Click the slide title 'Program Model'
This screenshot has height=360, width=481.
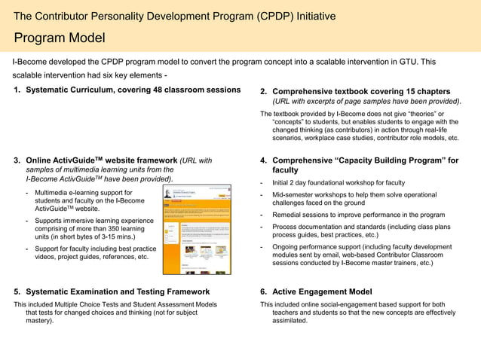pyautogui.click(x=60, y=38)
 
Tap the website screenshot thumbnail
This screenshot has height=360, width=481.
pyautogui.click(x=197, y=229)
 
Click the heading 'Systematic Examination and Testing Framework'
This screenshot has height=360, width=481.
pyautogui.click(x=118, y=291)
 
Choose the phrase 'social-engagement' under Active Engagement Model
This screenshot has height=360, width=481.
pyautogui.click(x=344, y=304)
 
